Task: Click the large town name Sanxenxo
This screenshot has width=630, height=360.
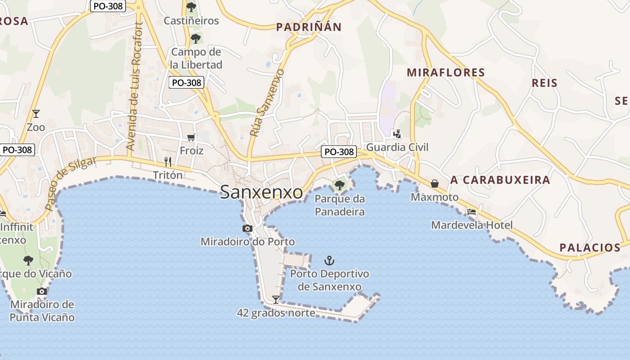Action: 261,193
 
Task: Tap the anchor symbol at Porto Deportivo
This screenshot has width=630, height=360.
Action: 330,261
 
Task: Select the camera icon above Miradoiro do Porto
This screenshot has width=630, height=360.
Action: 247,229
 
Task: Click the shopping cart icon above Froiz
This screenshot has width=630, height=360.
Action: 191,137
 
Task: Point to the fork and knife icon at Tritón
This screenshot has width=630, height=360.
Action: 168,162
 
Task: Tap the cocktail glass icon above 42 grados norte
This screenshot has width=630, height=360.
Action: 276,299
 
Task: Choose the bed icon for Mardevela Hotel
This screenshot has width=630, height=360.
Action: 471,212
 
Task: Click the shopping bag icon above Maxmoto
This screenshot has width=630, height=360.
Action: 435,183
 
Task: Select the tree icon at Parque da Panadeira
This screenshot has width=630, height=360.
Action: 339,185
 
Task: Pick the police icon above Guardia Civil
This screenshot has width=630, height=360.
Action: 397,134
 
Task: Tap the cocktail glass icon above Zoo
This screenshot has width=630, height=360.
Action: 36,114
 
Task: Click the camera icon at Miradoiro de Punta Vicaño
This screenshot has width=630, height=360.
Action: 42,291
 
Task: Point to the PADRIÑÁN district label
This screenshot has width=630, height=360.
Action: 309,27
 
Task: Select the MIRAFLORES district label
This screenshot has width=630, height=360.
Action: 445,72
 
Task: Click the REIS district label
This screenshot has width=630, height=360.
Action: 544,83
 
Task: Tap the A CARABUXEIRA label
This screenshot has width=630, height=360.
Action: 500,180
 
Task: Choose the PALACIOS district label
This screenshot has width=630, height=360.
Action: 590,247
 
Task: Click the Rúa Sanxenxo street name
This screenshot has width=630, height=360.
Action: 267,103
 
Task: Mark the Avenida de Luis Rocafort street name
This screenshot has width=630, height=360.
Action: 134,86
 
